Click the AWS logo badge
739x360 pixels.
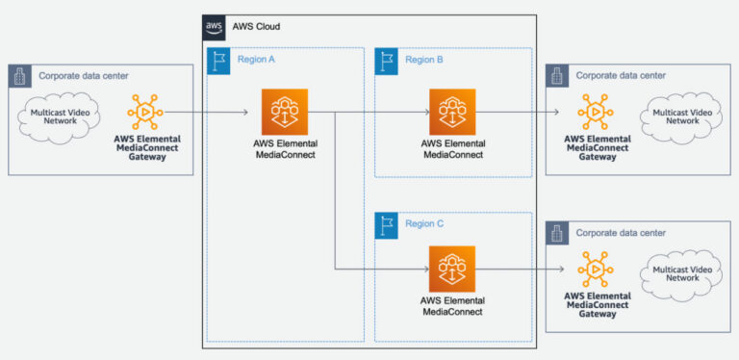214,26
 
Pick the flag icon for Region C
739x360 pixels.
386,224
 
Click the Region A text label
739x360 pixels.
257,60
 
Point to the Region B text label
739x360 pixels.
424,60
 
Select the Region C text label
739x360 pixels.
424,224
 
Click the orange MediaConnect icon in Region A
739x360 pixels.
284,112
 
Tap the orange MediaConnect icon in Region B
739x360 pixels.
452,112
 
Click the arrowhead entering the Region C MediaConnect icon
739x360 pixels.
423,270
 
